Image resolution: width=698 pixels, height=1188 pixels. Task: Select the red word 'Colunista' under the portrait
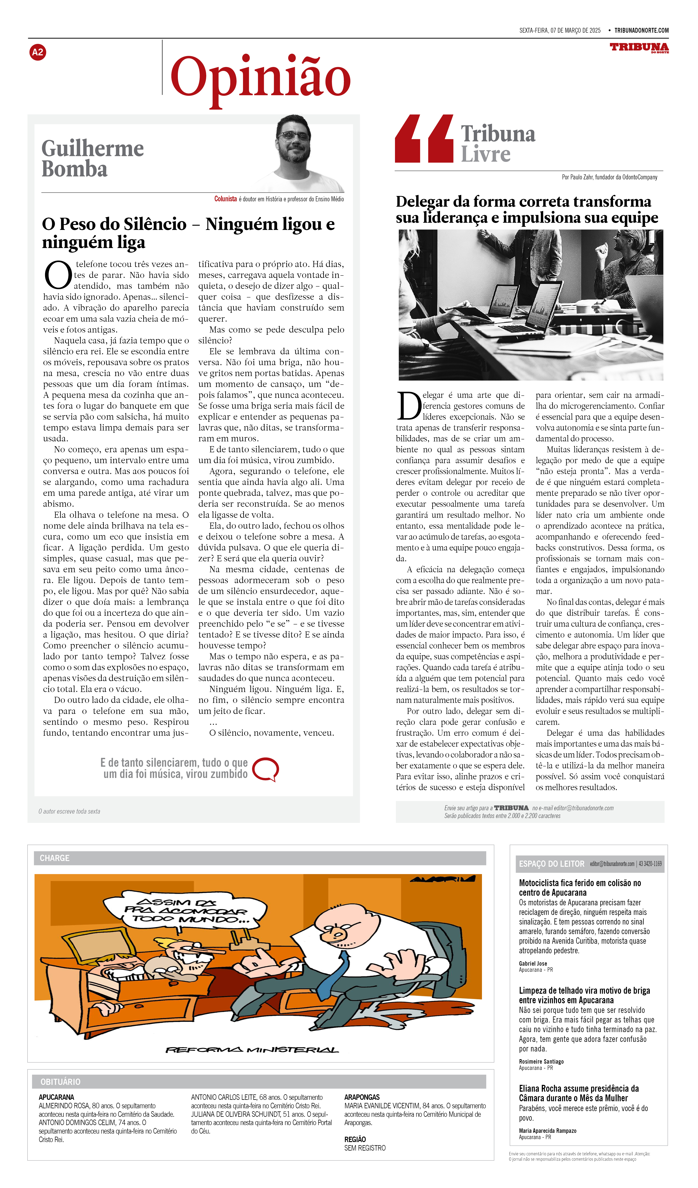(225, 199)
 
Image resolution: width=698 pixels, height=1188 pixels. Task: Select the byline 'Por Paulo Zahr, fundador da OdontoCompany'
(609, 177)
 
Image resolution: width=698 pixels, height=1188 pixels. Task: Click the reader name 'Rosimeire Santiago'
(541, 1062)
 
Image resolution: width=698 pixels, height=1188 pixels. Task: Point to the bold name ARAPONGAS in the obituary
(362, 1097)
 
